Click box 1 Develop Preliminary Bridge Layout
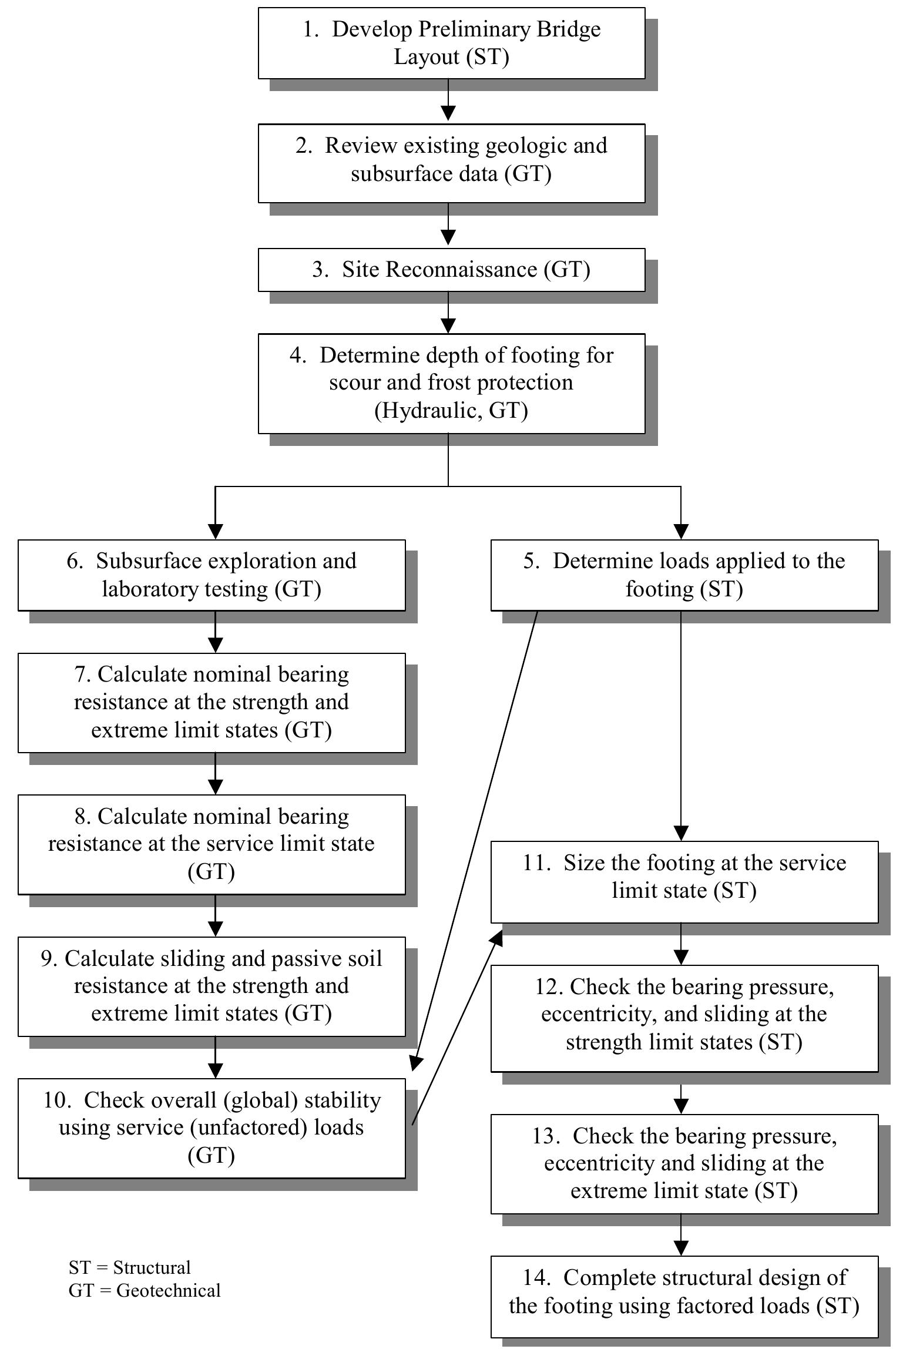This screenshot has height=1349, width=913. (451, 43)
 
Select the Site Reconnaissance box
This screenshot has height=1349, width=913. (451, 270)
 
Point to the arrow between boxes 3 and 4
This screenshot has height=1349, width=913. (448, 313)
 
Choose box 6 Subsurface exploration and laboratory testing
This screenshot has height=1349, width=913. (212, 575)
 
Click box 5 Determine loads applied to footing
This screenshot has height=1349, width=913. (684, 575)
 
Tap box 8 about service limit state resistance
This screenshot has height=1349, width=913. (212, 844)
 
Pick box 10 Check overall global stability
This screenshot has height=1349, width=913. (212, 1127)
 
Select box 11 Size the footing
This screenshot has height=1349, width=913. (684, 881)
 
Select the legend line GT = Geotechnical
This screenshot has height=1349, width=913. (145, 1290)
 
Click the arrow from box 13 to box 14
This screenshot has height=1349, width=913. (681, 1236)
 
